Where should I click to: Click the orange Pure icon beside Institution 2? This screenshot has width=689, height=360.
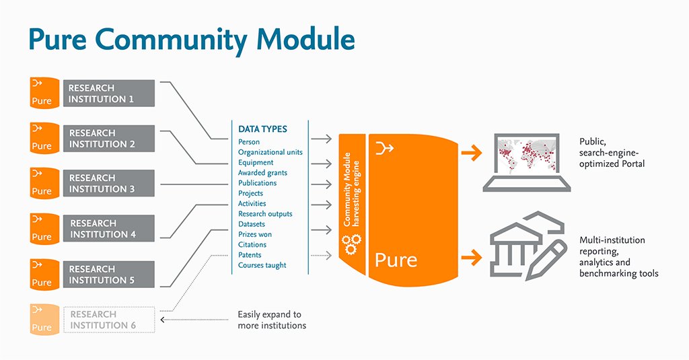click(42, 138)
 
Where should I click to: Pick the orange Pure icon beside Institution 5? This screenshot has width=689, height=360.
click(42, 275)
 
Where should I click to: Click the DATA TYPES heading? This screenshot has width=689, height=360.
click(262, 129)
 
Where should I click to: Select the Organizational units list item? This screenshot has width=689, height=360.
click(270, 152)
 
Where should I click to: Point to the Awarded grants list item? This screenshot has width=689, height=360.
click(262, 173)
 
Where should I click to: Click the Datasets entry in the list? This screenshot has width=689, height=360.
click(252, 224)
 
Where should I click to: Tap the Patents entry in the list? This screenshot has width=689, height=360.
click(250, 255)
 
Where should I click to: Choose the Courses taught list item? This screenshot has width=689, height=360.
click(262, 265)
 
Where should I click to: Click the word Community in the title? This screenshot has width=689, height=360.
click(177, 40)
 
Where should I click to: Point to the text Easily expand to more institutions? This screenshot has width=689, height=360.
click(272, 320)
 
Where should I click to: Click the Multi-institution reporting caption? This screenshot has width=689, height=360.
click(618, 256)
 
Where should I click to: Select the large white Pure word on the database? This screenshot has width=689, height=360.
click(396, 260)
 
